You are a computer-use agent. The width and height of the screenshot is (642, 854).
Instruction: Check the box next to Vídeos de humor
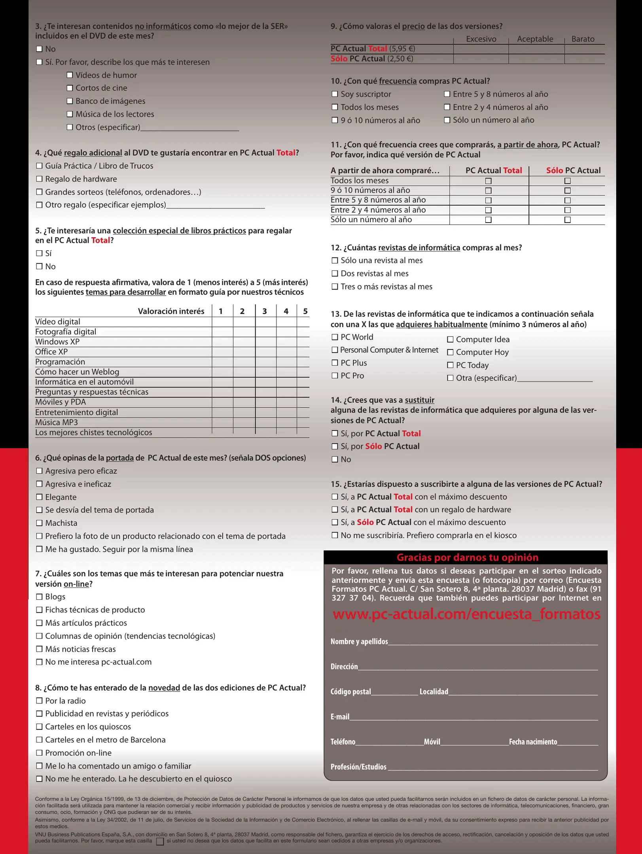pyautogui.click(x=70, y=75)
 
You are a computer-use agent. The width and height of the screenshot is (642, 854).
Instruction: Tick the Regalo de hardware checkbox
pyautogui.click(x=39, y=179)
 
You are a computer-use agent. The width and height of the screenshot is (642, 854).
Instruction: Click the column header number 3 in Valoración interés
pyautogui.click(x=265, y=312)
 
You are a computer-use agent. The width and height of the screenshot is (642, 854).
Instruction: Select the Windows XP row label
pyautogui.click(x=57, y=342)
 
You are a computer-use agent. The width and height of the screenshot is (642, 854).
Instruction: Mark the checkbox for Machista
pyautogui.click(x=39, y=523)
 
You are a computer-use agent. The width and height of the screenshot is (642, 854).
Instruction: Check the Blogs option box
pyautogui.click(x=39, y=597)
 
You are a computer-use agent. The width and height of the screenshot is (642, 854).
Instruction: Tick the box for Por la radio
pyautogui.click(x=39, y=701)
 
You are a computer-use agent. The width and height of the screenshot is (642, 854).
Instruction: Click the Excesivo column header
pyautogui.click(x=481, y=39)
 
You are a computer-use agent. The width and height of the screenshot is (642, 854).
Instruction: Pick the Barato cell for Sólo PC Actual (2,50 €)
pyautogui.click(x=584, y=59)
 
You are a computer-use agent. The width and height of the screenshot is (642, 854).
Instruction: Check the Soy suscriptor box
pyautogui.click(x=335, y=94)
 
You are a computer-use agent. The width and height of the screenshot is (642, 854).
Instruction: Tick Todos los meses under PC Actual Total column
pyautogui.click(x=488, y=181)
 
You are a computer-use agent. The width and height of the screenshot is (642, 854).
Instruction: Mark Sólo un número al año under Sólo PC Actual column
pyautogui.click(x=567, y=220)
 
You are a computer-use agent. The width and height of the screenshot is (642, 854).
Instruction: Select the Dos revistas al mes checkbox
pyautogui.click(x=335, y=274)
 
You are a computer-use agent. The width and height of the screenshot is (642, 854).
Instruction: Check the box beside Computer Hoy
pyautogui.click(x=450, y=352)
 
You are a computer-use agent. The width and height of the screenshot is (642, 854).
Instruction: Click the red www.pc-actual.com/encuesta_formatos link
pyautogui.click(x=466, y=614)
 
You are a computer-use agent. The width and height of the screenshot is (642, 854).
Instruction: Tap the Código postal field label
pyautogui.click(x=350, y=692)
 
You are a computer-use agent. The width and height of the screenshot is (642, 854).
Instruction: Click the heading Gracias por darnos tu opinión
pyautogui.click(x=467, y=557)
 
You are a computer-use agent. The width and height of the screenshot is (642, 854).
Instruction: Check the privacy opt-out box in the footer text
pyautogui.click(x=160, y=842)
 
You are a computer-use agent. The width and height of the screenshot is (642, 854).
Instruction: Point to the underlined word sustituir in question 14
pyautogui.click(x=419, y=400)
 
